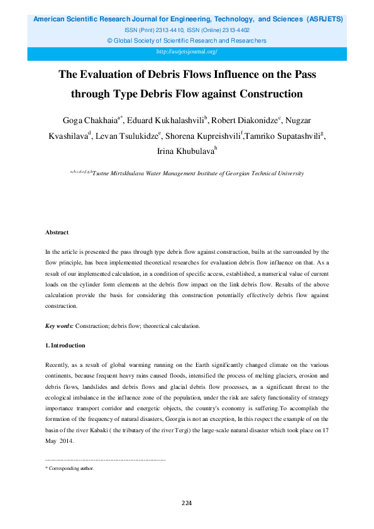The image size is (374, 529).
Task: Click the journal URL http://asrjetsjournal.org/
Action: tap(187, 52)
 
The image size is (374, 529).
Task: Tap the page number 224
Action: tap(187, 503)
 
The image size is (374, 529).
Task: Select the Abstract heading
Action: tap(57, 232)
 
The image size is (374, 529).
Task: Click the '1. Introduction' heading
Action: tap(65, 346)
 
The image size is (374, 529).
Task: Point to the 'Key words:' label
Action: tap(60, 326)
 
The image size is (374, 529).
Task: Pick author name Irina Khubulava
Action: tap(185, 152)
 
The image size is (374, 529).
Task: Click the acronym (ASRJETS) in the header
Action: tap(325, 19)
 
